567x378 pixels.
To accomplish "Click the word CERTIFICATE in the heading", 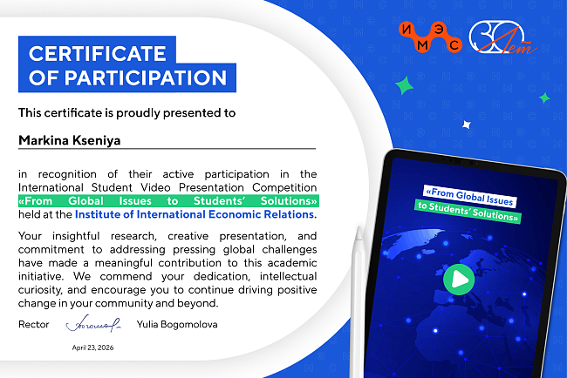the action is [98, 53].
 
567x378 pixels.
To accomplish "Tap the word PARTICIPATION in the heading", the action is [146, 78].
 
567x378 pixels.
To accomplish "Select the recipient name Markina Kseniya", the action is [70, 140].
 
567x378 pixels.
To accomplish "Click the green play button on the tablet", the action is [459, 280].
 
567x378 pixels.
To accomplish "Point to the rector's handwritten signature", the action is [93, 323].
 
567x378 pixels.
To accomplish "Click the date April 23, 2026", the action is [92, 348].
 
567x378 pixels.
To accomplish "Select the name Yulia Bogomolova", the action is [177, 324].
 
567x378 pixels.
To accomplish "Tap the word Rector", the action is [34, 324].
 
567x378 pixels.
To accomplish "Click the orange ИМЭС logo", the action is [430, 37].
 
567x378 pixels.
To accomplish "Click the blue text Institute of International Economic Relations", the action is [195, 214].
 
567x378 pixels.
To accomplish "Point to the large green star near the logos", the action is [404, 85].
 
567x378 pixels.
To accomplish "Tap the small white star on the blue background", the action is [467, 125].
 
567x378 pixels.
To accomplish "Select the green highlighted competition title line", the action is [168, 200].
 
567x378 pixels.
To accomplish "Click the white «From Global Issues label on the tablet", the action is [469, 197].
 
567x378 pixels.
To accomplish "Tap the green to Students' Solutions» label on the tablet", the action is [468, 212].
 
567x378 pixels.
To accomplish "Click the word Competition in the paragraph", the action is [284, 188].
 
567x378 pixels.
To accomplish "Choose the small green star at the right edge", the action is [544, 98].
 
